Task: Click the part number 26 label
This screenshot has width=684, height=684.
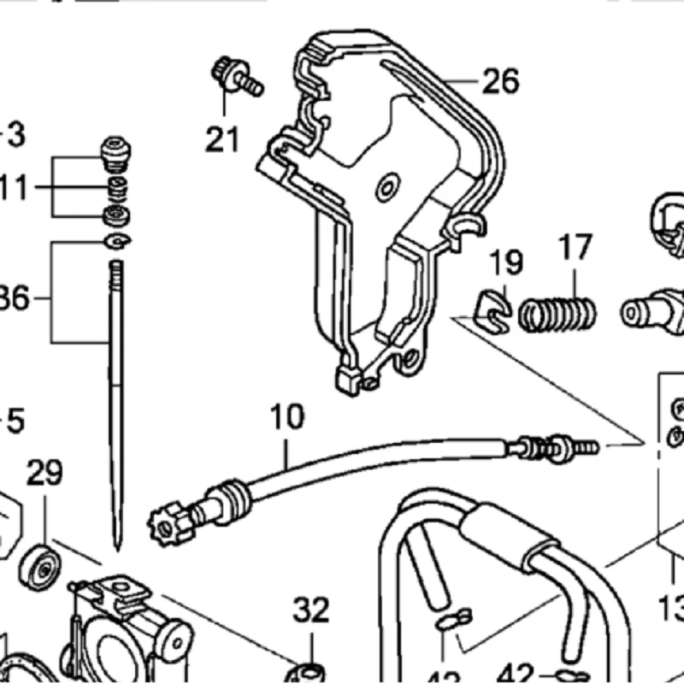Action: click(500, 82)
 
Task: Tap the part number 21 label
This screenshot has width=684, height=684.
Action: click(222, 138)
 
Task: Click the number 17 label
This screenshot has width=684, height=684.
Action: click(575, 249)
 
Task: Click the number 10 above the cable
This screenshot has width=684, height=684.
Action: click(286, 419)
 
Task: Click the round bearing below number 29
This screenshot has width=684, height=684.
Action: click(38, 563)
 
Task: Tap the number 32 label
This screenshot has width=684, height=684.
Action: click(311, 610)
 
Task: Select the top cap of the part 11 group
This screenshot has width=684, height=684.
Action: click(114, 150)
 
